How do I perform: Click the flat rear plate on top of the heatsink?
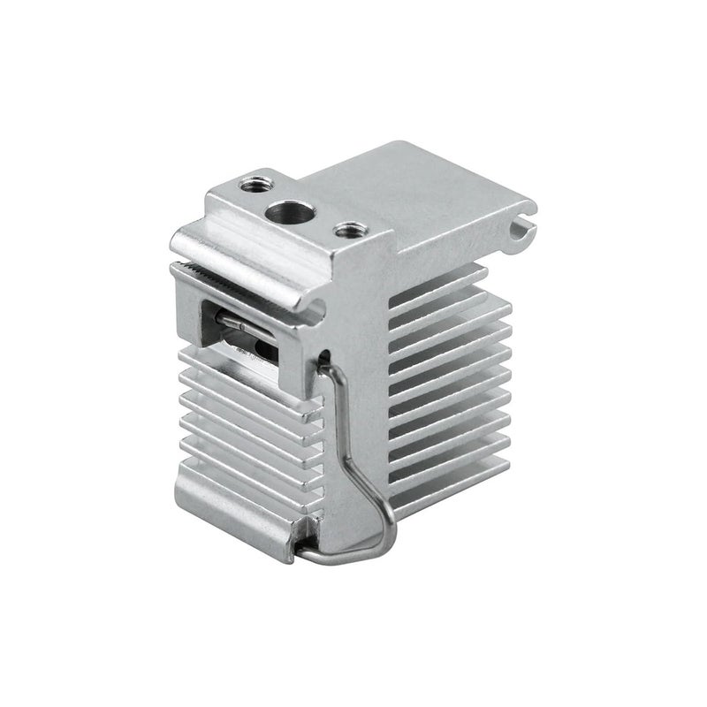[424, 194]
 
